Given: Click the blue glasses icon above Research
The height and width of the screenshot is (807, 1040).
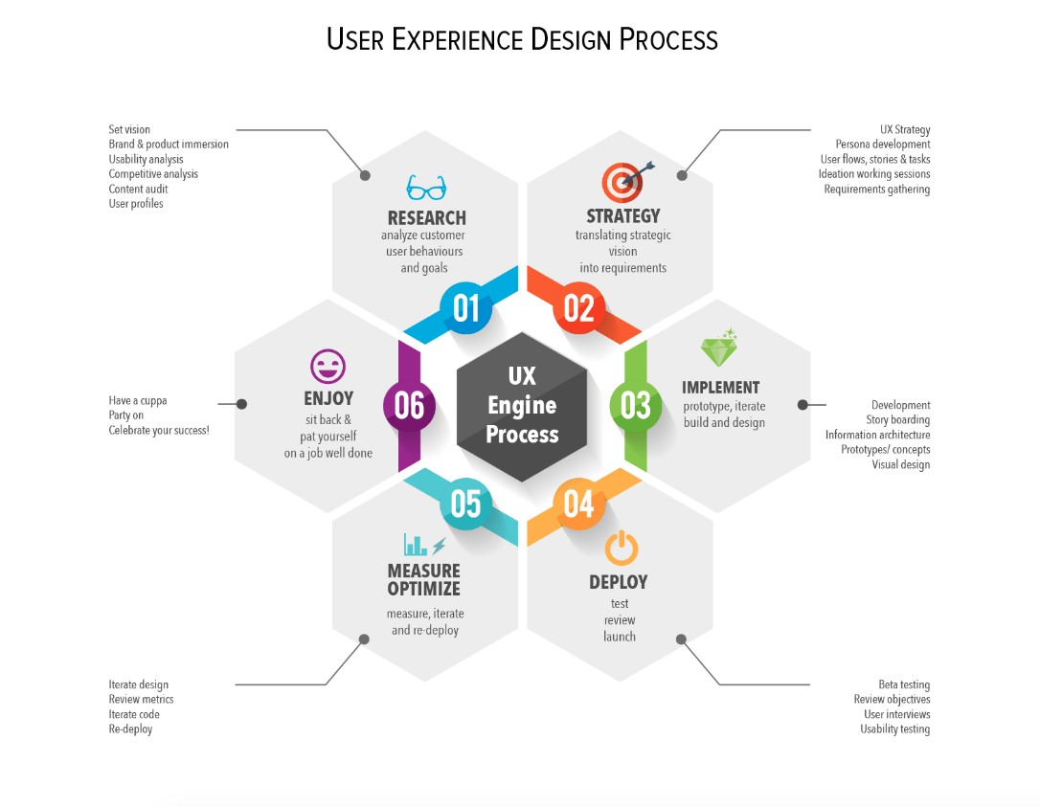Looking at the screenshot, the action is click(426, 188).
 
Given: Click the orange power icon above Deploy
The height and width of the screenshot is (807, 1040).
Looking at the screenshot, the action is click(622, 548).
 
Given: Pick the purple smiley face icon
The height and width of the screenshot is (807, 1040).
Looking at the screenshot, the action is click(328, 366).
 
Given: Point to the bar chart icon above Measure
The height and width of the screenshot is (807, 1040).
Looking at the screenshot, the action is click(416, 545).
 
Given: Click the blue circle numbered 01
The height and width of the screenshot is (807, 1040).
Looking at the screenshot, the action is click(466, 308).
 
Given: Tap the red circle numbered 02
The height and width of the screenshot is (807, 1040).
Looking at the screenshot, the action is click(579, 308).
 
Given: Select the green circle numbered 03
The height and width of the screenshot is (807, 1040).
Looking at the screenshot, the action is click(636, 406).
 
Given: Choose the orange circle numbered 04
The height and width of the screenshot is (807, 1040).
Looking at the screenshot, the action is click(579, 504).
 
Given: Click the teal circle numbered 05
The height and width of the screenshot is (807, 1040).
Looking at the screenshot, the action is click(466, 504).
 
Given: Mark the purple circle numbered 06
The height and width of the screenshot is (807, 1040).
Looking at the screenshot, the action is click(409, 406).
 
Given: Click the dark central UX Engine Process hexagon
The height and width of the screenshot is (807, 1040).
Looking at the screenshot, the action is click(522, 407).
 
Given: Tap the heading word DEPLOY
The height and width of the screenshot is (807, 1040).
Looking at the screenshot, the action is click(619, 582).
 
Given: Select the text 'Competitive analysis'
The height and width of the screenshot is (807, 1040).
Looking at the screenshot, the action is click(153, 174).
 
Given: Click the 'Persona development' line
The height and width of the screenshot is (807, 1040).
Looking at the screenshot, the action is click(883, 145).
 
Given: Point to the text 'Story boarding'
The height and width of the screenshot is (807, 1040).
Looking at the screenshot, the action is click(898, 419).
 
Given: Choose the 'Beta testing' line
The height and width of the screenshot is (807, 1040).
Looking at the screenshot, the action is click(904, 684).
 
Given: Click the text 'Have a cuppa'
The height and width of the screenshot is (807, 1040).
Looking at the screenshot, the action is click(138, 400).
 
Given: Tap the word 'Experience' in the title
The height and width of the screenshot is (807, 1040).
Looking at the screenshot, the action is click(457, 40).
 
